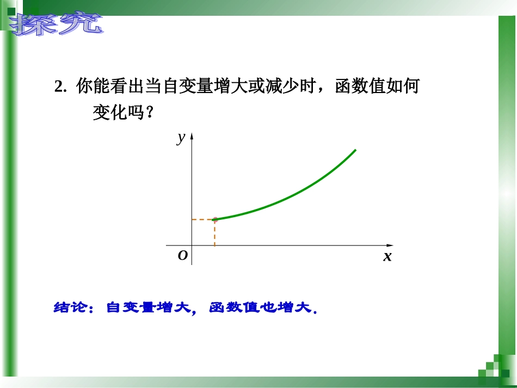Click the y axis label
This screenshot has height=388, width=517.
coord(181,138)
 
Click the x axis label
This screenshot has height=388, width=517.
coord(387,256)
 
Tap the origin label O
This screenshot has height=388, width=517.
coord(183,255)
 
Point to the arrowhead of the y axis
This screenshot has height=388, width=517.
coord(192,135)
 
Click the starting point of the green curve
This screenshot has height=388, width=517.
coord(214,219)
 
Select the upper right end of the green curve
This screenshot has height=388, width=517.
coord(355,150)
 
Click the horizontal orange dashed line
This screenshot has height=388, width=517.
coord(202,220)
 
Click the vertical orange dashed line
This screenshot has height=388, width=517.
coord(214,233)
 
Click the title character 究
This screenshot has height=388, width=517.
coord(81,24)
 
